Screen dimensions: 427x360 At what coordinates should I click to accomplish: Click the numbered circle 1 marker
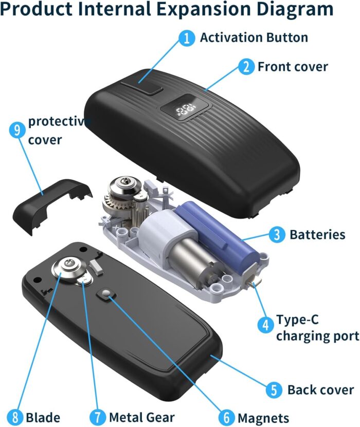(x=187, y=38)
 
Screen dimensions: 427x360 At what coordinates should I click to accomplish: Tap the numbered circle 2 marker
(x=246, y=67)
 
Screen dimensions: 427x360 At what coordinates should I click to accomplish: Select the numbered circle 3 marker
(x=277, y=235)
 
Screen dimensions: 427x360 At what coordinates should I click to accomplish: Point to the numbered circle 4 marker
(x=265, y=324)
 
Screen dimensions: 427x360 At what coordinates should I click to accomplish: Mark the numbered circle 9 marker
(x=17, y=129)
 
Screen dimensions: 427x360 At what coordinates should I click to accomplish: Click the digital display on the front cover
(x=185, y=109)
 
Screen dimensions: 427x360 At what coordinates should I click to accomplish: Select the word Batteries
(x=317, y=235)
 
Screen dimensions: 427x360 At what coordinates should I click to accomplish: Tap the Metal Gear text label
(x=141, y=417)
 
